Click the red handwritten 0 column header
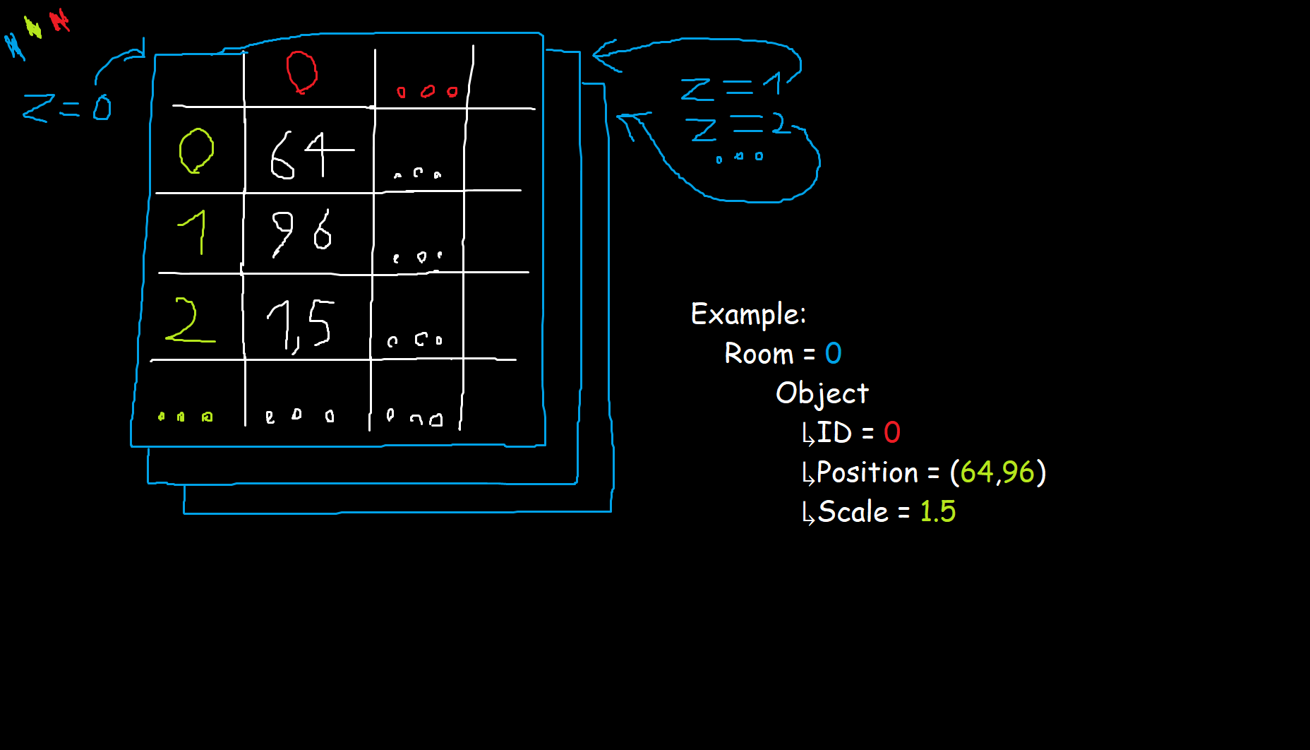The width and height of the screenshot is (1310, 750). click(301, 72)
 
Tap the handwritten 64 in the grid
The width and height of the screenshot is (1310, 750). click(311, 155)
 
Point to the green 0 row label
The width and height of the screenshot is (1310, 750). click(196, 150)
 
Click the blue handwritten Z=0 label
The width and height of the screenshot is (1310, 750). click(67, 108)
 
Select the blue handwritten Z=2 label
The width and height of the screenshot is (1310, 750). click(737, 127)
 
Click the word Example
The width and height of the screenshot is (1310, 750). click(747, 314)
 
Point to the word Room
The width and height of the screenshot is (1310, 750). click(759, 354)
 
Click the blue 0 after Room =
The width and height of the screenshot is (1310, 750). click(834, 353)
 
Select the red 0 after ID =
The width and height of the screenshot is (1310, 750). click(892, 432)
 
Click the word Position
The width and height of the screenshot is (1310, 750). click(867, 472)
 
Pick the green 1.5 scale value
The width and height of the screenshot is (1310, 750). click(937, 511)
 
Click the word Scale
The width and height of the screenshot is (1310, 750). click(853, 512)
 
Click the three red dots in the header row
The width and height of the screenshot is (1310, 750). click(427, 92)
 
